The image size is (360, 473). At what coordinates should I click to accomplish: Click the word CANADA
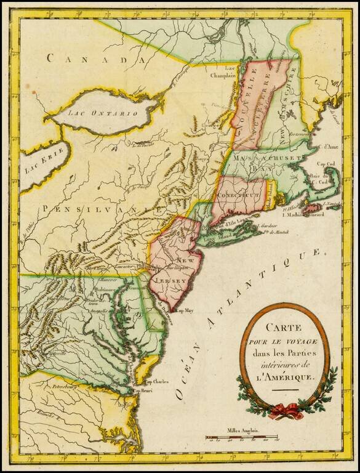click(x=97, y=59)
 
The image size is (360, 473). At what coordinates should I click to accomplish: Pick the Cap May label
click(x=185, y=312)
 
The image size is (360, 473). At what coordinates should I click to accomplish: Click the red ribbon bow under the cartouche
click(x=285, y=409)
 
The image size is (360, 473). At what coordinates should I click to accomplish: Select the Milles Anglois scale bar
click(x=241, y=439)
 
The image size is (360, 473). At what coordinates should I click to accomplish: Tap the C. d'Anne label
click(x=327, y=147)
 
